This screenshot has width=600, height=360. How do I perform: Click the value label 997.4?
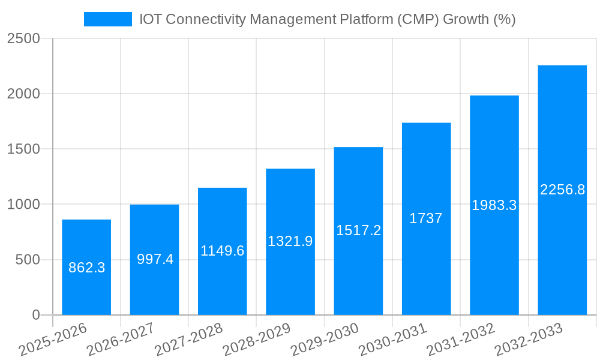click(155, 259)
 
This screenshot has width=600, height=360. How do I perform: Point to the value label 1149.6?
click(222, 251)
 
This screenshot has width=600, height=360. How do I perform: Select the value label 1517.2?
click(358, 230)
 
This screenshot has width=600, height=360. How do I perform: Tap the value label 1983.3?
click(494, 205)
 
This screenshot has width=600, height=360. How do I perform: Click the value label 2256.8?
click(562, 190)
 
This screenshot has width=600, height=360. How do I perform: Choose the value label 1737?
click(426, 218)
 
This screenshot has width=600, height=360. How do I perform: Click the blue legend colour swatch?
click(108, 19)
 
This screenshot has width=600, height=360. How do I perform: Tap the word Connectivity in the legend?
click(205, 19)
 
